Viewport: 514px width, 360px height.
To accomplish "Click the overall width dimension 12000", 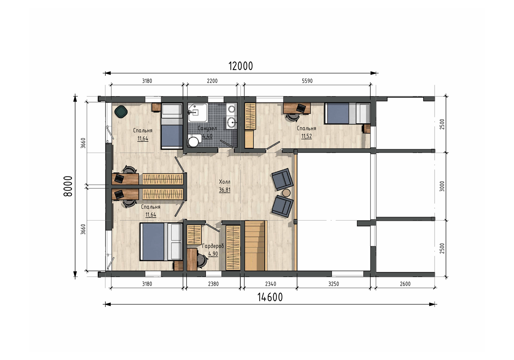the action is [x=241, y=66].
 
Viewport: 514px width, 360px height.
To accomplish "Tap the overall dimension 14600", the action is [x=270, y=297].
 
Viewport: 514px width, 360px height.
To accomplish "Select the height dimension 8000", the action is [x=68, y=186].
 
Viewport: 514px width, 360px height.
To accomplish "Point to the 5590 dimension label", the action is [x=307, y=81].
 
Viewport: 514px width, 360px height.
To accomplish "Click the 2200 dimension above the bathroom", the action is [x=212, y=81].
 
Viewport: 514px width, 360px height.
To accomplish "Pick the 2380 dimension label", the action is [x=213, y=284].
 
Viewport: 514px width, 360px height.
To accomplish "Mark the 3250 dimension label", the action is [x=333, y=284].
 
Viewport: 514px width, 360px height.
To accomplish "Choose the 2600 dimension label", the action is [x=405, y=284].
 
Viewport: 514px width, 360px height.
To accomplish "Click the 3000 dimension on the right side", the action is [x=442, y=186].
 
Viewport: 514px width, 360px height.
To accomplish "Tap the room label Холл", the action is [x=225, y=182].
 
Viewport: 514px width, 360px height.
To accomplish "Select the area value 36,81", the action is [x=225, y=190].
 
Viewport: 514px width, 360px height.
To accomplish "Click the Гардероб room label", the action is [x=213, y=246].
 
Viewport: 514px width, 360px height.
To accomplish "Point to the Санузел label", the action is [x=207, y=128].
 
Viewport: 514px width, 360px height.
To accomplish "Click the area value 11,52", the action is [x=306, y=136].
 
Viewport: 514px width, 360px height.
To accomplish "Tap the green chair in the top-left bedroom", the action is [x=121, y=112].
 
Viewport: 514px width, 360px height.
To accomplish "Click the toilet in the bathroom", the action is [x=193, y=140].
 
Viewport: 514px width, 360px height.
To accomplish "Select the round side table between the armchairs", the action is [x=286, y=193].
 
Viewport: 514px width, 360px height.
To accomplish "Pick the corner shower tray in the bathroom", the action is [x=198, y=112].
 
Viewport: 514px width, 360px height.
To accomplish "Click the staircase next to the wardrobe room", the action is [x=255, y=246].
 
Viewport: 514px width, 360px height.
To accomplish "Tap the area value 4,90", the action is [x=213, y=254].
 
